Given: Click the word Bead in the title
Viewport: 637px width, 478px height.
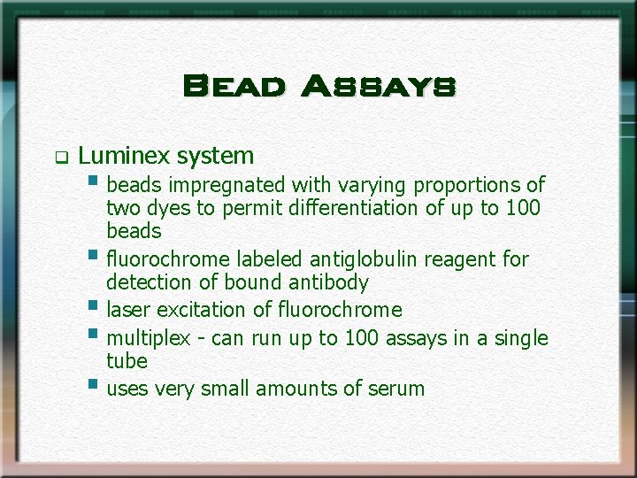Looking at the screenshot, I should click(234, 87).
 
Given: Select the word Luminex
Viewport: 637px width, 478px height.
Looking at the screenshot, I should click(124, 157).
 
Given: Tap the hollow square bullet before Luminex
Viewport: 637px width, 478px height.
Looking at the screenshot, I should click(61, 159).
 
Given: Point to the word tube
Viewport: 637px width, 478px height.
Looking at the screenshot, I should click(127, 361).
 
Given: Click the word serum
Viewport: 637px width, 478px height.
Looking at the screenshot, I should click(397, 389).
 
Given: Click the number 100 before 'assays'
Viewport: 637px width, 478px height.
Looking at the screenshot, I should click(362, 338).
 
